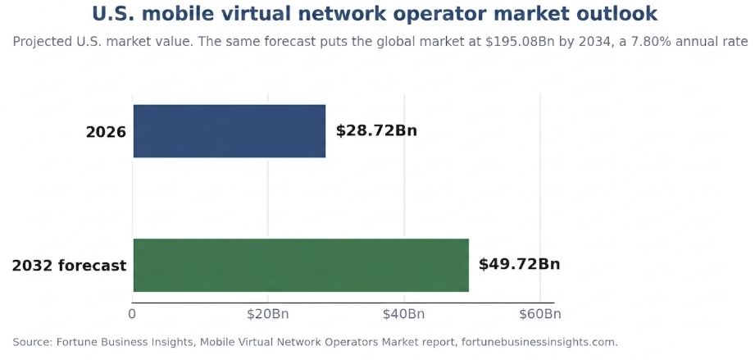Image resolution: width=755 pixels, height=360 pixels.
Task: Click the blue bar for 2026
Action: pos(230,131)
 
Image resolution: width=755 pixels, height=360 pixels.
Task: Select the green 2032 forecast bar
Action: pos(301,265)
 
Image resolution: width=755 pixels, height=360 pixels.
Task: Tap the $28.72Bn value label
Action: pos(376,130)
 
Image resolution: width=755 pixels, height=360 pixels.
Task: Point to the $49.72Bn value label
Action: pos(519,265)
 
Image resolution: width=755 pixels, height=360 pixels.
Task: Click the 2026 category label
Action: pos(106,132)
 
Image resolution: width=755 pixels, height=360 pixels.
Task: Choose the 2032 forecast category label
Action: pos(70,266)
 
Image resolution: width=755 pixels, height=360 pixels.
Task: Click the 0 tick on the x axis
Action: pos(132,314)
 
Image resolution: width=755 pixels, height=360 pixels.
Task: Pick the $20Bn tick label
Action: pos(268,314)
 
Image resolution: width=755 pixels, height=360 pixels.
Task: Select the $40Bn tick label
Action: pos(404,314)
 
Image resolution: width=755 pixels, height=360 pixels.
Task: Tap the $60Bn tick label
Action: pos(539,314)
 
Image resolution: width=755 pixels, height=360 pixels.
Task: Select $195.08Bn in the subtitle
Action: pos(515,42)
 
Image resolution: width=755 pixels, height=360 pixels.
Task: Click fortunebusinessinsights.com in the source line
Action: pos(539,343)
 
